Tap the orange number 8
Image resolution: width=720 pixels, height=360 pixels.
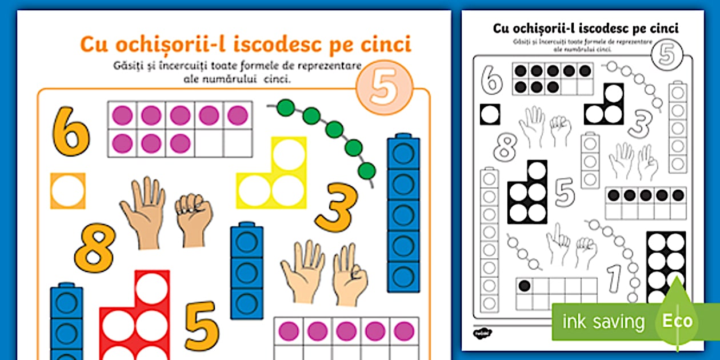click(95, 247)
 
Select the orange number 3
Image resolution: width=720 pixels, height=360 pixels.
click(337, 207)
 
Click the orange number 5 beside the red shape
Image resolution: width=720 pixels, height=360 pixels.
click(202, 325)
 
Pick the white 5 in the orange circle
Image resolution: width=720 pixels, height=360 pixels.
click(384, 87)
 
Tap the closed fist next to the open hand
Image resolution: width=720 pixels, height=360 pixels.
click(194, 219)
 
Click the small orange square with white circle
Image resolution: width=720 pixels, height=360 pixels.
click(68, 191)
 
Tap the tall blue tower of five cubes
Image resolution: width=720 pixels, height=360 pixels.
click(403, 213)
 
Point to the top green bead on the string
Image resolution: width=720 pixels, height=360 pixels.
click(286, 107)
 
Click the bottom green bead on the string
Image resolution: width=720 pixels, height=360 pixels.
click(367, 171)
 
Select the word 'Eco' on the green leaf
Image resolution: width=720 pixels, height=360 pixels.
click(677, 321)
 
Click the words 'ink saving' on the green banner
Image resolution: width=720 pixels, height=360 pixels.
click(603, 322)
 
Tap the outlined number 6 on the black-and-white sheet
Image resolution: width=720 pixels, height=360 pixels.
click(491, 80)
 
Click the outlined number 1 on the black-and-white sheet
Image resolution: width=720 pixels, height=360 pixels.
click(614, 278)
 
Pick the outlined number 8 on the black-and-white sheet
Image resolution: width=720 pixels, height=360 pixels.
click(505, 147)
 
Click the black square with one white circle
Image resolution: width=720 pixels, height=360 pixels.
click(490, 114)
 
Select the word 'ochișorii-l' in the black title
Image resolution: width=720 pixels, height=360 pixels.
click(543, 29)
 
